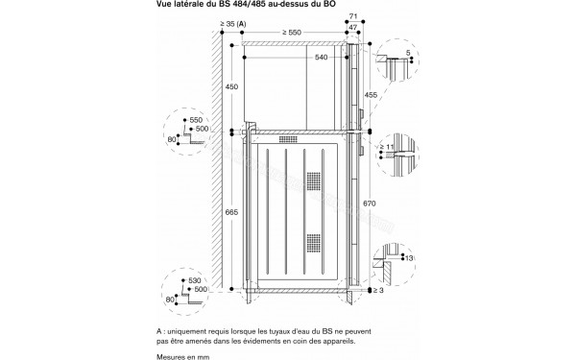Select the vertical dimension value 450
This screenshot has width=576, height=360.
231,87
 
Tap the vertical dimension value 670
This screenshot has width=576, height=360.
372,204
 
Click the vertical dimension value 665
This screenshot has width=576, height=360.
231,211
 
